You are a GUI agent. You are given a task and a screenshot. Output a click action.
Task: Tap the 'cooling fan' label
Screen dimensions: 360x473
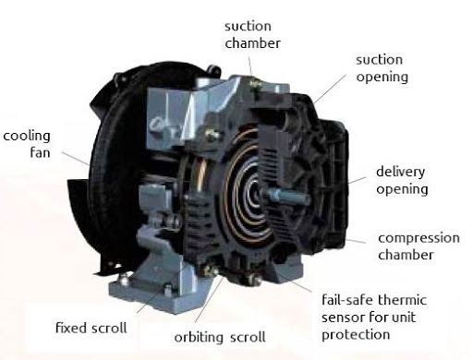point(25,144)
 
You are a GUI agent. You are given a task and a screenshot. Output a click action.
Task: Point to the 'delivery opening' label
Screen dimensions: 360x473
point(402,181)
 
